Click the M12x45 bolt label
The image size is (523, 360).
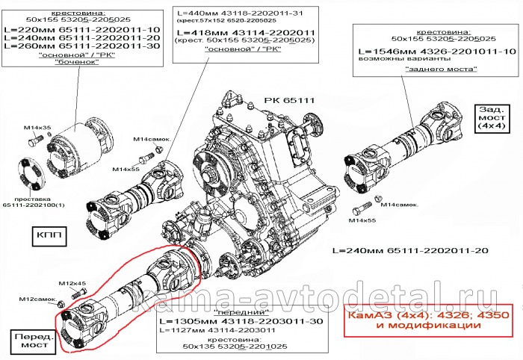72,284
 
